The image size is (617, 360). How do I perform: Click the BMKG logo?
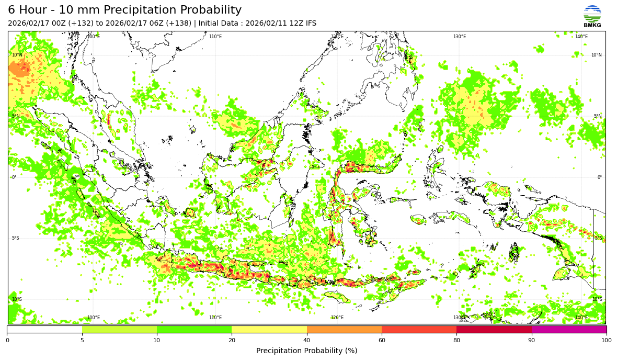pyautogui.click(x=592, y=16)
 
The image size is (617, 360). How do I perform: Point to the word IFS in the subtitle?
pyautogui.click(x=309, y=24)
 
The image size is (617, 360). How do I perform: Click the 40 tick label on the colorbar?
pyautogui.click(x=307, y=341)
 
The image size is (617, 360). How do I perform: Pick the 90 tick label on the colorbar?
pyautogui.click(x=532, y=341)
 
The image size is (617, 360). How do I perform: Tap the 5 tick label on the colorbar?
pyautogui.click(x=82, y=341)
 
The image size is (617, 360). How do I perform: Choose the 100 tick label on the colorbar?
pyautogui.click(x=607, y=341)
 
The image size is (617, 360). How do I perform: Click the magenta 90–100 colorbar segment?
pyautogui.click(x=569, y=330)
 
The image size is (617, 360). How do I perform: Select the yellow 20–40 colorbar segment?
pyautogui.click(x=269, y=330)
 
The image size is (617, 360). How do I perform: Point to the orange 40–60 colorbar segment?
pyautogui.click(x=344, y=330)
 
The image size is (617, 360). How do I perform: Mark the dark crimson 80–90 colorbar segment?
pyautogui.click(x=494, y=330)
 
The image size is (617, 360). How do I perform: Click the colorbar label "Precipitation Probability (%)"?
pyautogui.click(x=306, y=351)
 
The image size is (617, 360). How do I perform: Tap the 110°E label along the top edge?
pyautogui.click(x=215, y=37)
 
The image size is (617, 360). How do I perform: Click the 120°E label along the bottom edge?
pyautogui.click(x=337, y=318)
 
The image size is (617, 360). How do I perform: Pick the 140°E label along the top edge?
pyautogui.click(x=581, y=37)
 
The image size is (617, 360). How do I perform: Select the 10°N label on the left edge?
pyautogui.click(x=17, y=55)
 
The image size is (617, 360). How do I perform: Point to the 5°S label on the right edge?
pyautogui.click(x=598, y=238)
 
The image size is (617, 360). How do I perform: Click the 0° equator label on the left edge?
pyautogui.click(x=14, y=177)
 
